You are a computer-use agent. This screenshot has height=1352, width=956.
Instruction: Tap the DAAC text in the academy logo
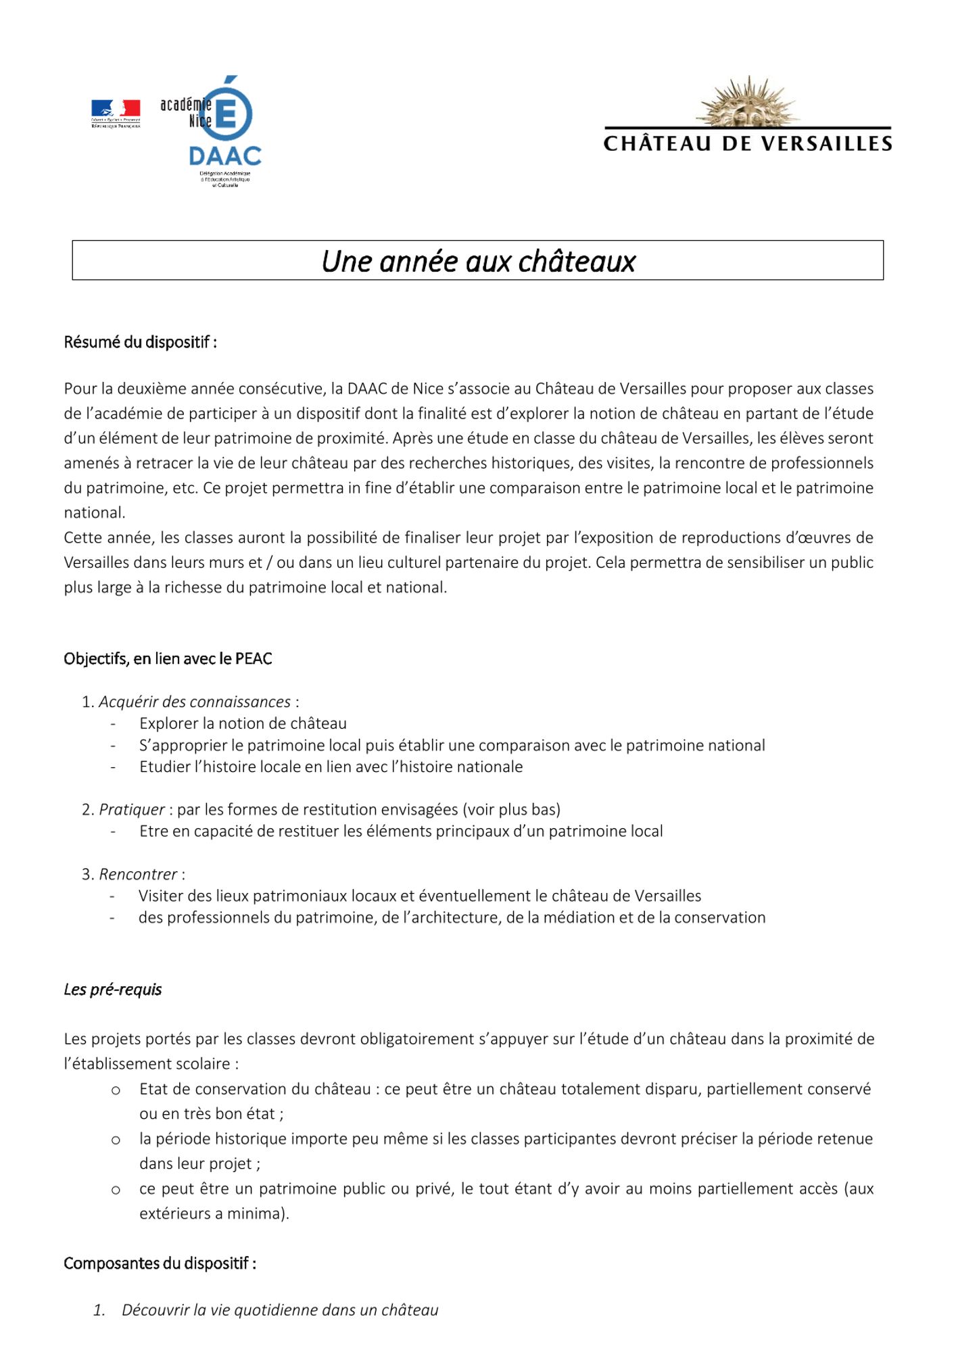pos(225,156)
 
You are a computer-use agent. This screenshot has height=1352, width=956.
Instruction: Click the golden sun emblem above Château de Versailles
pos(748,102)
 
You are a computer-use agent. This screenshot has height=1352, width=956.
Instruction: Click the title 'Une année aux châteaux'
pos(478,262)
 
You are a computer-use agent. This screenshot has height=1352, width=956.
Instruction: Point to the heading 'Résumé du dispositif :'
pos(140,342)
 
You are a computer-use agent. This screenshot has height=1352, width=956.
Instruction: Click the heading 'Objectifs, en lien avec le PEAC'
pos(168,658)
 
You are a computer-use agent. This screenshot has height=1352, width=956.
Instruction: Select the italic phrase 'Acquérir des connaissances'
pos(195,702)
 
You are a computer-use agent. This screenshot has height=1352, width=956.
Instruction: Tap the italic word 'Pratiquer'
pos(132,809)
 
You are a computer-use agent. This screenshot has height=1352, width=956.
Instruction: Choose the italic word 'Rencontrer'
pos(138,874)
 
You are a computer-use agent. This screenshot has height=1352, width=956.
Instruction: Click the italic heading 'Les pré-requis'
pos(113,990)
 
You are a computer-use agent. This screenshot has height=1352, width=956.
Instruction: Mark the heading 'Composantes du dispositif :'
pos(160,1263)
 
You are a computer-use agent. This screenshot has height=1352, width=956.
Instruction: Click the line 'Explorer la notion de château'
pos(243,723)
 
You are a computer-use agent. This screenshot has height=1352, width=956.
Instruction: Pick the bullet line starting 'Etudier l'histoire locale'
pos(331,767)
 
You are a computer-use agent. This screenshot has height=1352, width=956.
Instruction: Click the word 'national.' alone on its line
pos(95,512)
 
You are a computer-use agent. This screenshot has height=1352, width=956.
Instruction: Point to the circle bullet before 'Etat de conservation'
pos(116,1090)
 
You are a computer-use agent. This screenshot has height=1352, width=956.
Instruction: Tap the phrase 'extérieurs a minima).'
pos(214,1213)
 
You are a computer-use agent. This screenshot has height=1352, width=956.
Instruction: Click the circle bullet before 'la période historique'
pos(116,1140)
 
